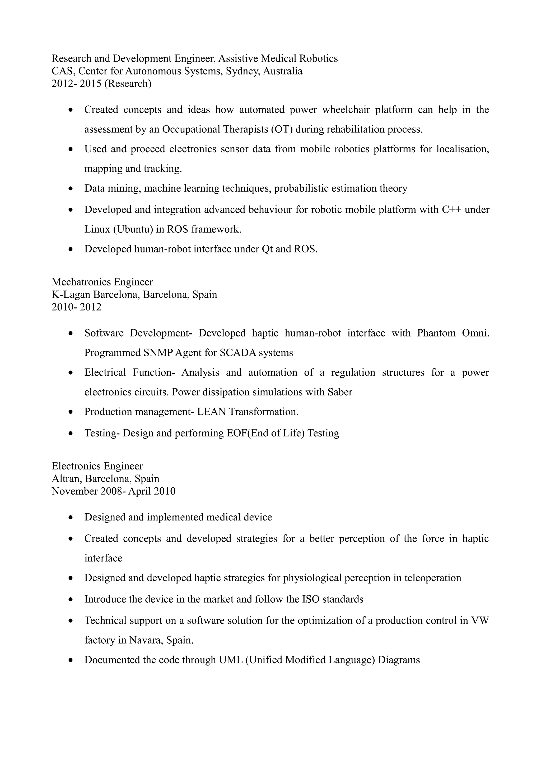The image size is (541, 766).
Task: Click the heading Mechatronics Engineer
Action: pos(102,282)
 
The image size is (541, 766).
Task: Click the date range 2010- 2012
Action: pos(76,307)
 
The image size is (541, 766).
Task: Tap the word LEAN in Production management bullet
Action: pos(211,412)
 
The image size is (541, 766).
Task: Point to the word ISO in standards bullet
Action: pos(311,599)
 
